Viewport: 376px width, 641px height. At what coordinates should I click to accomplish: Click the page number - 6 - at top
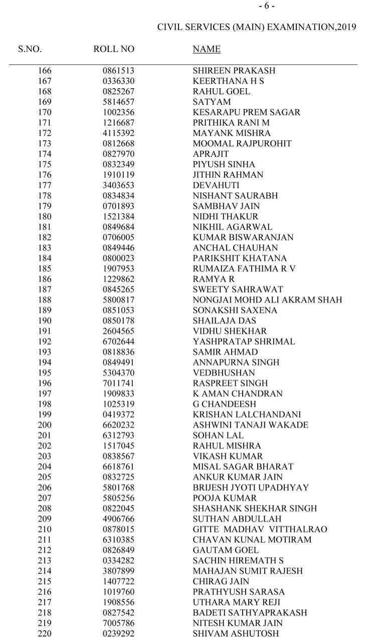pyautogui.click(x=267, y=6)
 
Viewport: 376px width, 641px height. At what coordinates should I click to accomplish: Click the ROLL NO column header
pyautogui.click(x=114, y=49)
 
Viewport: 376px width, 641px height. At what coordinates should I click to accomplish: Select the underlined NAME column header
pyautogui.click(x=207, y=49)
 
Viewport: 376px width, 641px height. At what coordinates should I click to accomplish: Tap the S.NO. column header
pyautogui.click(x=30, y=49)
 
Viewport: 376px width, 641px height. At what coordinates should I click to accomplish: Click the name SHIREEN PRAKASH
pyautogui.click(x=234, y=71)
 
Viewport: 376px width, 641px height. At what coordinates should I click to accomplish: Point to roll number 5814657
pyautogui.click(x=119, y=102)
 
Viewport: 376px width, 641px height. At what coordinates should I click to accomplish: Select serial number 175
pyautogui.click(x=45, y=164)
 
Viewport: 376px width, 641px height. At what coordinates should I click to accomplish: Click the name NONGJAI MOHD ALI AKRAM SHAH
pyautogui.click(x=268, y=300)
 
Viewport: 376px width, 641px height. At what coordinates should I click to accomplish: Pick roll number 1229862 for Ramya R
pyautogui.click(x=119, y=279)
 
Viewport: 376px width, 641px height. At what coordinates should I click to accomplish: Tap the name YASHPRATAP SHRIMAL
pyautogui.click(x=244, y=342)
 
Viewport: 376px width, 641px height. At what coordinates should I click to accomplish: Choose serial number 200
pyautogui.click(x=45, y=425)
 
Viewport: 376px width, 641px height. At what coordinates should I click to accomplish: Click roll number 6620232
pyautogui.click(x=119, y=425)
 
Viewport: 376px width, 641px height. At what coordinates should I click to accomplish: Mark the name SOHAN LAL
pyautogui.click(x=219, y=436)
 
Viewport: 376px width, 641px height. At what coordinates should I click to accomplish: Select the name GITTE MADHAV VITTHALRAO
pyautogui.click(x=260, y=529)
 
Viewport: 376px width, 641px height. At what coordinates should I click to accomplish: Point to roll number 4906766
pyautogui.click(x=119, y=519)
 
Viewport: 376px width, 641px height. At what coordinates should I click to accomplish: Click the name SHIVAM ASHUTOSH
pyautogui.click(x=236, y=633)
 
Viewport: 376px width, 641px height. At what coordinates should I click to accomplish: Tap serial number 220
pyautogui.click(x=45, y=633)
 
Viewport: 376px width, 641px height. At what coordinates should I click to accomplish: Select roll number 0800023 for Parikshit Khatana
pyautogui.click(x=119, y=258)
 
